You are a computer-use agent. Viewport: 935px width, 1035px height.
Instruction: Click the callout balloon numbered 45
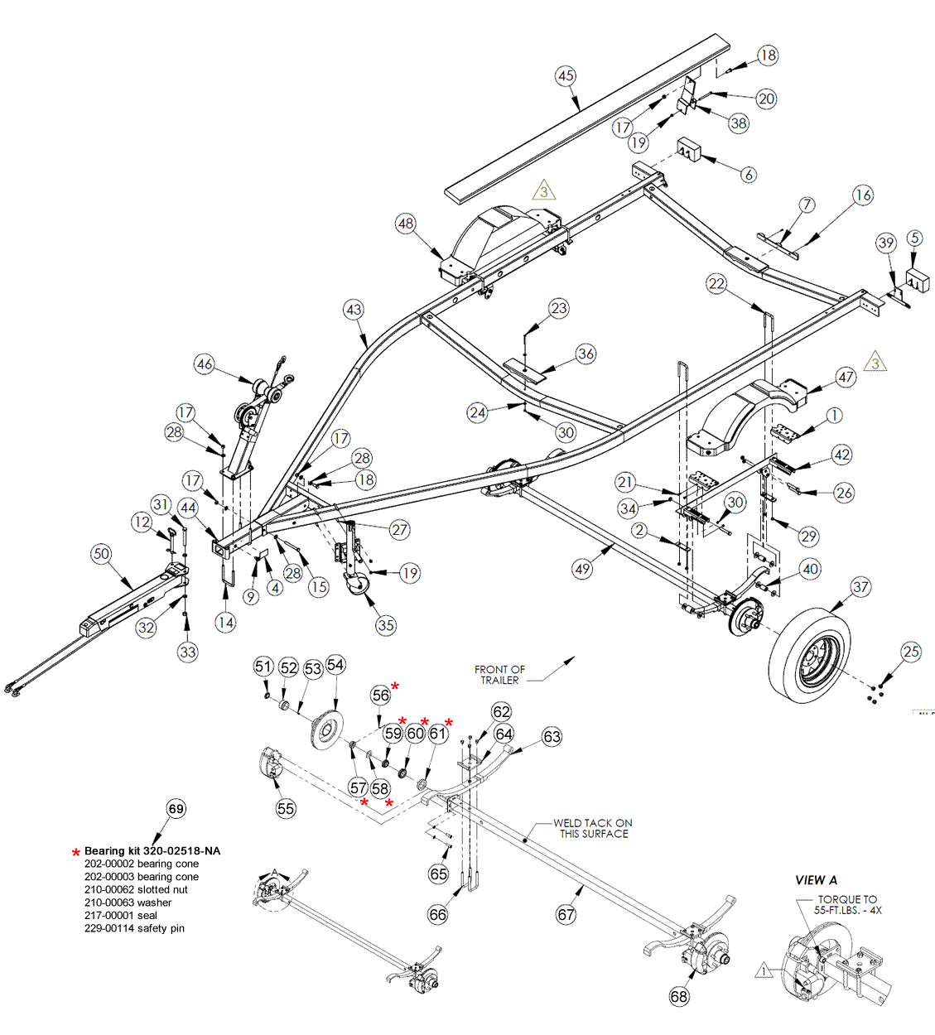tap(566, 76)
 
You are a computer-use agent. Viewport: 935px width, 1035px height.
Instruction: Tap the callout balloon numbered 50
tap(101, 554)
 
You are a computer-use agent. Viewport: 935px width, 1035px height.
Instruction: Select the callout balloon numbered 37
tap(860, 587)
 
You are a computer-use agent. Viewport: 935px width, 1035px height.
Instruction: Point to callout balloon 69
tap(176, 808)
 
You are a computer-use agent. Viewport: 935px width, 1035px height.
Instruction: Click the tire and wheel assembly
tap(809, 655)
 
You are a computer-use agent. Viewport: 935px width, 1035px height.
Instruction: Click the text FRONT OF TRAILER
tap(499, 675)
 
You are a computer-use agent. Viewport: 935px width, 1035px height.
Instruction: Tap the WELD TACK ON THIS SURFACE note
tap(593, 828)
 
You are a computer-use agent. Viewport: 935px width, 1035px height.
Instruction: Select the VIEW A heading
tap(817, 879)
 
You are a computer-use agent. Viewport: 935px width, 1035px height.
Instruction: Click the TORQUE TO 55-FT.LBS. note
tap(848, 904)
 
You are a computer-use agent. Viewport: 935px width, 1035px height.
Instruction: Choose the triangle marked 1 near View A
tap(764, 970)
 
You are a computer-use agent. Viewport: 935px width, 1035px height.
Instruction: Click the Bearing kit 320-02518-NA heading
tap(152, 851)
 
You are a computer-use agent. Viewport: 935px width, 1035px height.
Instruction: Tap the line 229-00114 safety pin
tap(134, 928)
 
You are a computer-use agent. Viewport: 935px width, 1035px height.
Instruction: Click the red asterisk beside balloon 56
tap(395, 686)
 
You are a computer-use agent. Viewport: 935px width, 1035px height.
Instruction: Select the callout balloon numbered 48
tap(406, 224)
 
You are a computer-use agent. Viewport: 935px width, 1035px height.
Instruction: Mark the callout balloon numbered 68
tap(679, 996)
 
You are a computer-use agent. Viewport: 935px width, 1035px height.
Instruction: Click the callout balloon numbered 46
tap(205, 364)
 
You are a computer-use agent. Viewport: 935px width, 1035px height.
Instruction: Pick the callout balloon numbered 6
tap(749, 175)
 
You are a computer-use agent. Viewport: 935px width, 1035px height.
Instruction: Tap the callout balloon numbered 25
tap(911, 652)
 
